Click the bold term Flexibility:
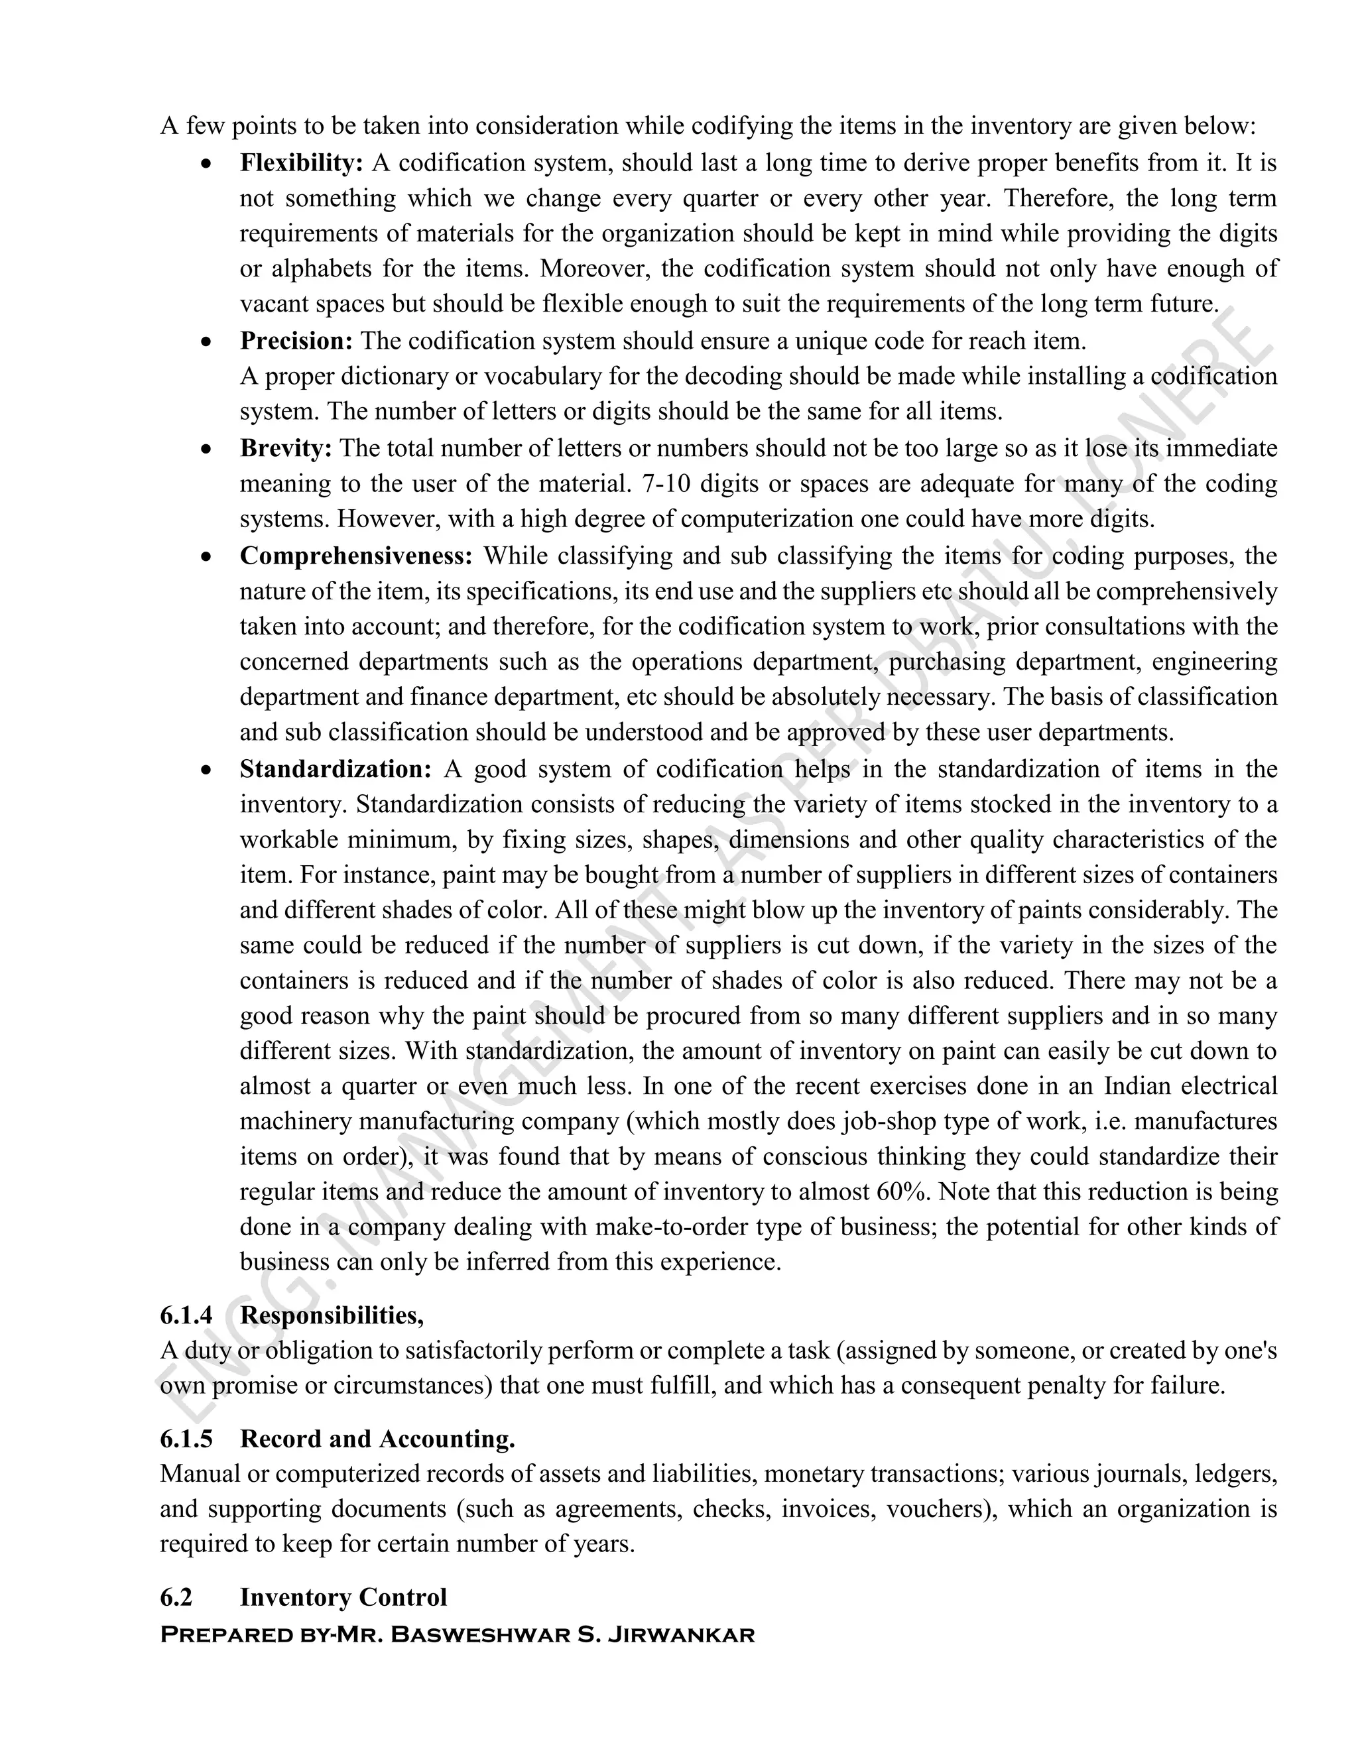click(x=302, y=163)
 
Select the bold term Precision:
click(x=296, y=341)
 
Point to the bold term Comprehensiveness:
click(x=356, y=556)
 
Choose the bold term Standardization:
click(x=336, y=769)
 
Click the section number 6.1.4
click(x=186, y=1315)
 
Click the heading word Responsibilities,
click(x=332, y=1315)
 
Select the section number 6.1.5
click(x=186, y=1439)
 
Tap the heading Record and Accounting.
click(x=377, y=1439)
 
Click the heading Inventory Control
click(x=343, y=1597)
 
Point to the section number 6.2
click(x=176, y=1597)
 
